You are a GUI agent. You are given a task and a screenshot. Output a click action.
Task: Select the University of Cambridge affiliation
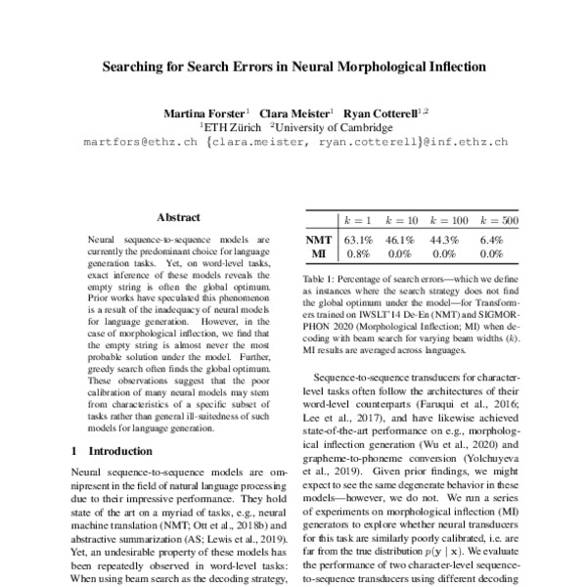pyautogui.click(x=334, y=127)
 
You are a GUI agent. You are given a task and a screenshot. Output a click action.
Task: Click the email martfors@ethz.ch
pyautogui.click(x=139, y=142)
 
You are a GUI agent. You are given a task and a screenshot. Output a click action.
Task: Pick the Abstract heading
pyautogui.click(x=178, y=218)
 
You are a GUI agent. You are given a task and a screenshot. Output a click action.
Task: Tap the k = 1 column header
pyautogui.click(x=356, y=221)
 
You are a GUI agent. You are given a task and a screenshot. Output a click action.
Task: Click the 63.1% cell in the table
pyautogui.click(x=357, y=238)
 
